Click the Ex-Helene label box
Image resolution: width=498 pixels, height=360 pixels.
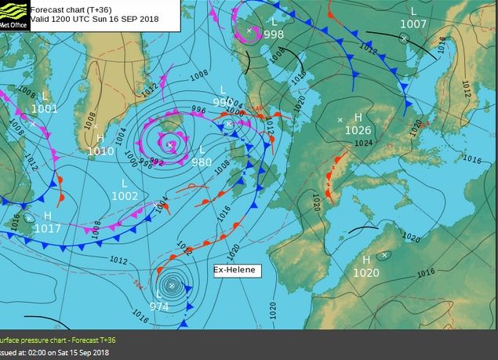(x=235, y=270)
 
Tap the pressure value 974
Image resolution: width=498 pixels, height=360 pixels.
(x=159, y=307)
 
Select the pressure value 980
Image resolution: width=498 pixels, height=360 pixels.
(x=202, y=162)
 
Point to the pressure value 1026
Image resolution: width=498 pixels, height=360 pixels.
(x=358, y=130)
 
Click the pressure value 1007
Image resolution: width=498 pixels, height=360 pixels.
(x=413, y=24)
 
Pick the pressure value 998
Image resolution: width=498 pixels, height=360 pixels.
(x=274, y=35)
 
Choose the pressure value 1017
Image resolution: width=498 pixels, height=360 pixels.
(x=47, y=228)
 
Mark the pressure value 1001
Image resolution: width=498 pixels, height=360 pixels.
(x=45, y=109)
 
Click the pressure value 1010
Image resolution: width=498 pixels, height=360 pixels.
(x=100, y=151)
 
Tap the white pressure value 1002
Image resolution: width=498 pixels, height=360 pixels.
(x=125, y=196)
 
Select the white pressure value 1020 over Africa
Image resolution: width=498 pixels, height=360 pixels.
(x=366, y=273)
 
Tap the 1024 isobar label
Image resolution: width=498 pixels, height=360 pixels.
(x=363, y=144)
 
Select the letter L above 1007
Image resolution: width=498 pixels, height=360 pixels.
(x=413, y=11)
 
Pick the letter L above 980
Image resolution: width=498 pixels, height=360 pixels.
(x=202, y=149)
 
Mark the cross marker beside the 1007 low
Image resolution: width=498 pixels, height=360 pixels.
(x=404, y=37)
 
